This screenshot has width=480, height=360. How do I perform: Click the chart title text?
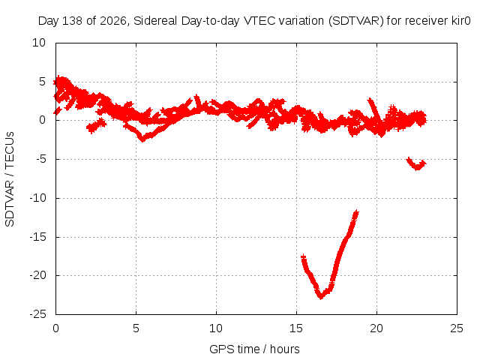pyautogui.click(x=254, y=21)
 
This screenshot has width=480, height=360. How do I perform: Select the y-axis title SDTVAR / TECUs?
pyautogui.click(x=10, y=179)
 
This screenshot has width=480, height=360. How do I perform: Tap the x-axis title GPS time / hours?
pyautogui.click(x=254, y=349)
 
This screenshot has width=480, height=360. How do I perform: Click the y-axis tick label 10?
pyautogui.click(x=39, y=43)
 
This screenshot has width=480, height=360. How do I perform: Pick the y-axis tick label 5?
pyautogui.click(x=42, y=82)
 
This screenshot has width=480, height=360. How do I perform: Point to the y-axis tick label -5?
pyautogui.click(x=40, y=159)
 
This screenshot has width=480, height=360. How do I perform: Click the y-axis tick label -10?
pyautogui.click(x=37, y=198)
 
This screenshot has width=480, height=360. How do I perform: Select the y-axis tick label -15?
pyautogui.click(x=37, y=237)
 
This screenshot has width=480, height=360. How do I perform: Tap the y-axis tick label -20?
pyautogui.click(x=37, y=275)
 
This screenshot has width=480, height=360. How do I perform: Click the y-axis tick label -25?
pyautogui.click(x=37, y=314)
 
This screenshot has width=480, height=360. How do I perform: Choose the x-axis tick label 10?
pyautogui.click(x=216, y=328)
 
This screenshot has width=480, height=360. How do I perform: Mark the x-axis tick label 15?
pyautogui.click(x=296, y=328)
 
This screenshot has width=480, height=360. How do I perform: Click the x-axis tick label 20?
pyautogui.click(x=376, y=328)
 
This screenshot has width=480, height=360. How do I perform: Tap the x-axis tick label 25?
pyautogui.click(x=457, y=328)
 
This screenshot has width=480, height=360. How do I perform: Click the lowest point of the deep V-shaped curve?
pyautogui.click(x=321, y=297)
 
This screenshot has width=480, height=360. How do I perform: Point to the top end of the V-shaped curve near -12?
pyautogui.click(x=356, y=211)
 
